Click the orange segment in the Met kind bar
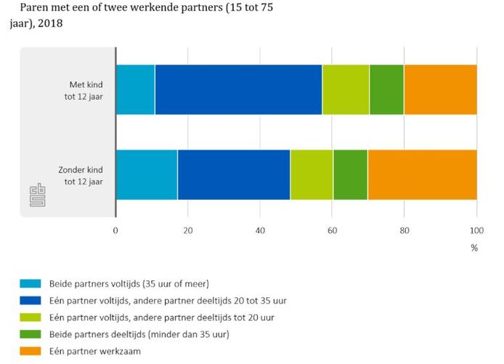(x=440, y=89)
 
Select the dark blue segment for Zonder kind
(x=234, y=174)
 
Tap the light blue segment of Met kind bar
(x=135, y=89)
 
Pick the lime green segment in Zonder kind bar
(x=312, y=174)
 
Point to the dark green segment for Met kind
(x=386, y=89)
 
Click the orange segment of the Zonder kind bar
(x=423, y=174)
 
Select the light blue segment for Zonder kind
(x=147, y=174)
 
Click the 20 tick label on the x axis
(x=188, y=230)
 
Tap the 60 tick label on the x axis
(x=333, y=230)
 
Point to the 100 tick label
(x=476, y=230)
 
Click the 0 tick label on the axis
(x=115, y=230)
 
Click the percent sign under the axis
(x=474, y=248)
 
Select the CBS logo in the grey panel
(x=38, y=195)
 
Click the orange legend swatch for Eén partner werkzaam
(x=31, y=351)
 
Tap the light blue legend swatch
(x=31, y=283)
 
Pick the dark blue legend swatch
(x=31, y=300)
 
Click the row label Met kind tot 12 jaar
(x=84, y=91)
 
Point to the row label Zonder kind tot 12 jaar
(x=81, y=176)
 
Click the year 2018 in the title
(x=50, y=23)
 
